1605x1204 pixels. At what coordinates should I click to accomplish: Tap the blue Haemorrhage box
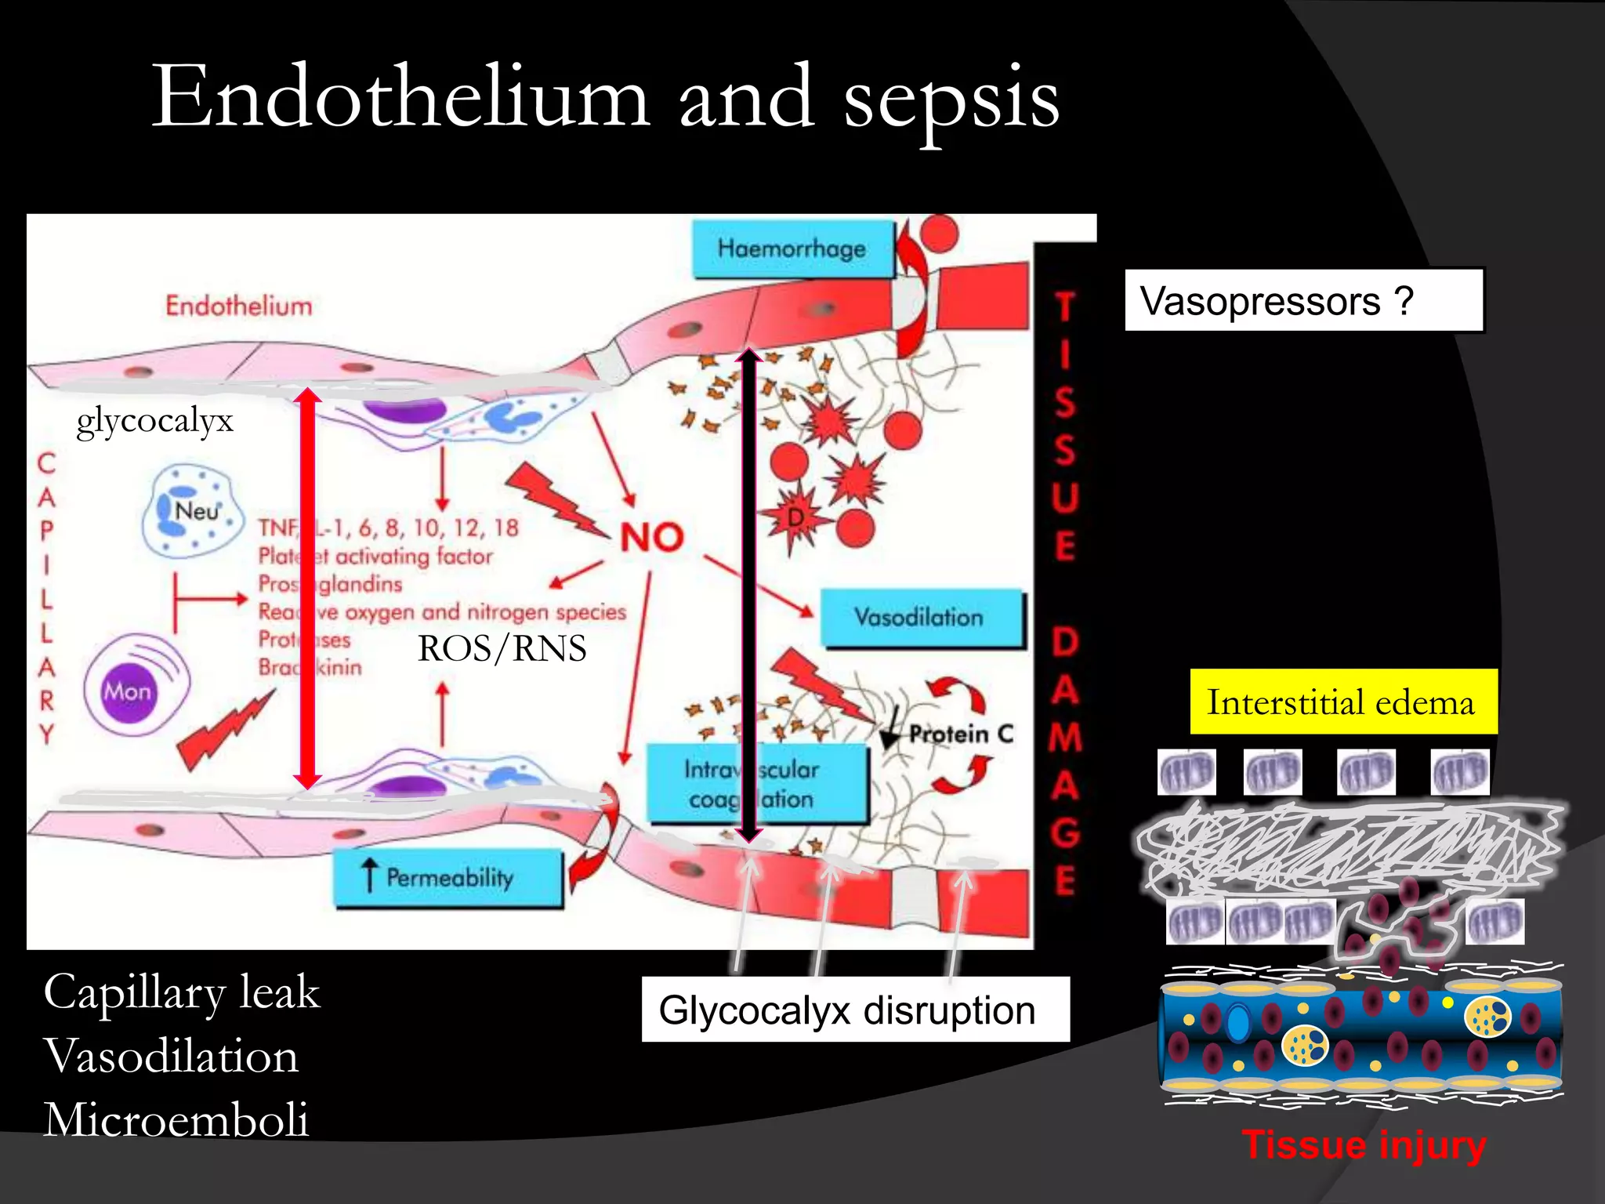[x=792, y=249]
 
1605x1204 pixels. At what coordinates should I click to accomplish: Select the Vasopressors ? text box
[x=1303, y=301]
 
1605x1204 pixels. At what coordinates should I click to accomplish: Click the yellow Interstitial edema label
[x=1342, y=702]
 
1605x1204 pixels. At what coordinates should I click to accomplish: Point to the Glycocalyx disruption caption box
[x=855, y=1010]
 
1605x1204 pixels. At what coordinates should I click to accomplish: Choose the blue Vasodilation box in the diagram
[x=922, y=618]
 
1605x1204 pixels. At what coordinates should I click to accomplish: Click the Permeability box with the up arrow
[x=448, y=878]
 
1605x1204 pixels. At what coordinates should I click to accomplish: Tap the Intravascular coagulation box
[x=755, y=784]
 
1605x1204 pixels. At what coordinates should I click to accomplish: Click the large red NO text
[x=652, y=538]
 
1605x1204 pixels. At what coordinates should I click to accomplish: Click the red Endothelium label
[x=238, y=306]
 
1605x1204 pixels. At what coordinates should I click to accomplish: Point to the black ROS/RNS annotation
[x=502, y=648]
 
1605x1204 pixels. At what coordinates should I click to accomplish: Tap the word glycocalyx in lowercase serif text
[x=154, y=421]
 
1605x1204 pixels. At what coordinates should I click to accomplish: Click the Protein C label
[x=961, y=734]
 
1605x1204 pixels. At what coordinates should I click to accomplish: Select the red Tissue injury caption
[x=1363, y=1145]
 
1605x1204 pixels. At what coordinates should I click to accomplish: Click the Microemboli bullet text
[x=176, y=1119]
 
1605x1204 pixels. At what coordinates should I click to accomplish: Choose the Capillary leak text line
[x=182, y=992]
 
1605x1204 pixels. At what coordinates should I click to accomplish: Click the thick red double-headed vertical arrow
[x=307, y=588]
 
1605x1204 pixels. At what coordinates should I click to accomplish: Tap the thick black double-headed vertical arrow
[x=749, y=596]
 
